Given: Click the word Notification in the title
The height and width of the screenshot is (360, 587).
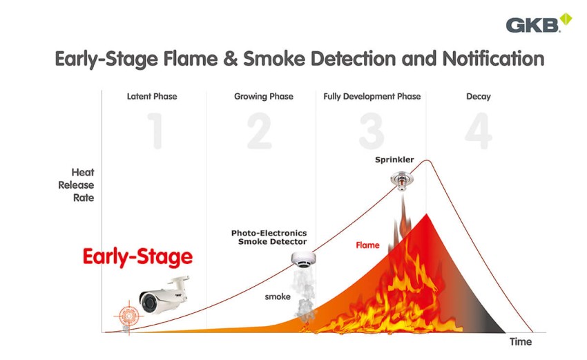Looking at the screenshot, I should pos(487,58).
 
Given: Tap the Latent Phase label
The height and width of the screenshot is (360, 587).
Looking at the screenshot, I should pos(152,96).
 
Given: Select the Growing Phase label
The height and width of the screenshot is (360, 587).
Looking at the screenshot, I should pos(264,96).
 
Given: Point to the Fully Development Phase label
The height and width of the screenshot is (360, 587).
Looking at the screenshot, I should pos(372,96).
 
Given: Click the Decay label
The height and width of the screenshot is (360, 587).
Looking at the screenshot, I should pos(478,96).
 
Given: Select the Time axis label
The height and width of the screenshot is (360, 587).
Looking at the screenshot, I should pos(521,341).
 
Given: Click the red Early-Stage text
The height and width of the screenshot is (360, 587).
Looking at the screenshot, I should pos(137,258).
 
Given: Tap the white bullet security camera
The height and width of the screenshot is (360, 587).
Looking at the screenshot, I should pos(163,294).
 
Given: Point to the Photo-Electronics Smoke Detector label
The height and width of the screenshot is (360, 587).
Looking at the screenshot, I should pos(269,237).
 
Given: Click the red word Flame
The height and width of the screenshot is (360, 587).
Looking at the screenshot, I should pos(367,245).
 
